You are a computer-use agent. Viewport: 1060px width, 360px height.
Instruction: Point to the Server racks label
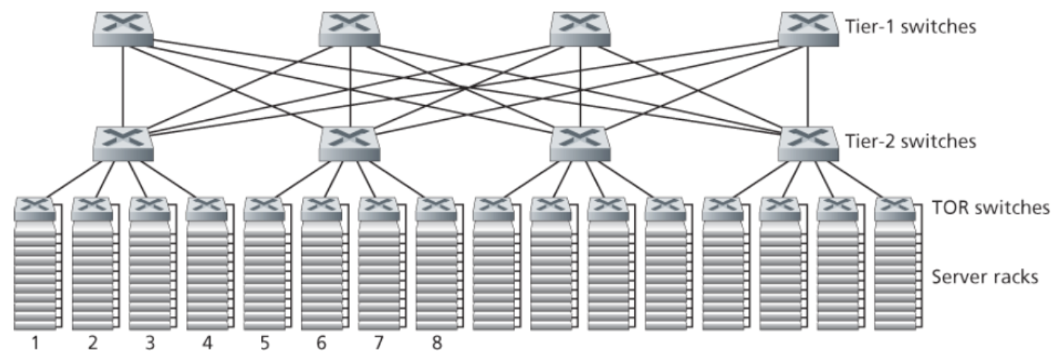point(983,277)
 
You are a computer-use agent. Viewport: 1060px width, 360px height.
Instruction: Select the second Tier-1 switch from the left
point(349,27)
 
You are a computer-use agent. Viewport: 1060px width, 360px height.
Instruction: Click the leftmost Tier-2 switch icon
point(123,141)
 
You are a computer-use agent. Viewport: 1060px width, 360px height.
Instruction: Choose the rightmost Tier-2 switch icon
point(808,141)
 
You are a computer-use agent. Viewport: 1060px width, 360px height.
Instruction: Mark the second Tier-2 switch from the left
point(349,141)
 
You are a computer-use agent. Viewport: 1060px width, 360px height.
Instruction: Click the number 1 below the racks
point(35,343)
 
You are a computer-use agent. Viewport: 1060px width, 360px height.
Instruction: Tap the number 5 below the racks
point(263,343)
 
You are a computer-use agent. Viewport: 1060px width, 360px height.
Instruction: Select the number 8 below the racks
point(436,343)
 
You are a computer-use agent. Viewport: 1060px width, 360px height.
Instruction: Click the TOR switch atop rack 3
point(149,207)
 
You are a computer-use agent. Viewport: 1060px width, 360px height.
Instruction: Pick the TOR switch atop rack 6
point(321,207)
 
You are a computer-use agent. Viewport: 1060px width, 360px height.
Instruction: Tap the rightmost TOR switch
point(894,207)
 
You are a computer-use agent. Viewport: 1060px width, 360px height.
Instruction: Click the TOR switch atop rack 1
point(35,207)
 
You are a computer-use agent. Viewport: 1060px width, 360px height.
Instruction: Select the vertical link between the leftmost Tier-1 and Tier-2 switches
point(123,84)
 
